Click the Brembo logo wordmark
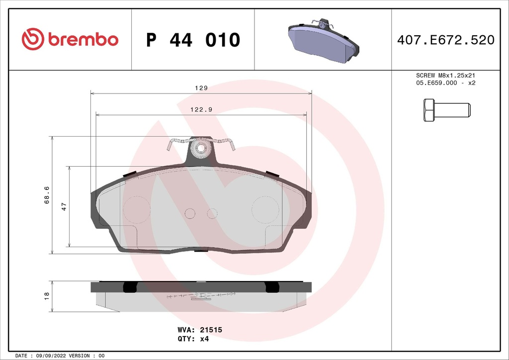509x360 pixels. coord(83,40)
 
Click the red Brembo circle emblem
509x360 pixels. coord(33,39)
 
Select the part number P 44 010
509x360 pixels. coord(193,40)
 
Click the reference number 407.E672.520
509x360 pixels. coord(445,40)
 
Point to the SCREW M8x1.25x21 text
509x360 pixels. coord(445,75)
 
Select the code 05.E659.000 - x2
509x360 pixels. coord(445,83)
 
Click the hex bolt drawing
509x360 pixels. coord(446,110)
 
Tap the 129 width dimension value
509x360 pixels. coord(200,88)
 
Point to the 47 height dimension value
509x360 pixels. coord(64,207)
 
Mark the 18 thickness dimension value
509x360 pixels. coord(47,296)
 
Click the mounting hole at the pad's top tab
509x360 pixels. coord(201,148)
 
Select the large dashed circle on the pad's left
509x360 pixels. coord(136,209)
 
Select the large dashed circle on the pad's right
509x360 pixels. coord(265,209)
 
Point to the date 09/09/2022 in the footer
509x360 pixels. coord(48,356)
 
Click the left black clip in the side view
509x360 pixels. coord(130,287)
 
